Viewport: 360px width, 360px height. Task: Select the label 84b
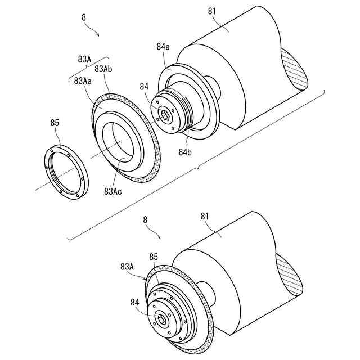(185, 151)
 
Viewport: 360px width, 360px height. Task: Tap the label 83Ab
(105, 69)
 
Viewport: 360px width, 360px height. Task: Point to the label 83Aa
(83, 80)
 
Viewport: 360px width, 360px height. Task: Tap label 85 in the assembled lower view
(153, 257)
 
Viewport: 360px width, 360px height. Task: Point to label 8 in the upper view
(84, 17)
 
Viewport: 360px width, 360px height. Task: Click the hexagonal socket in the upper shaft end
(165, 116)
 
